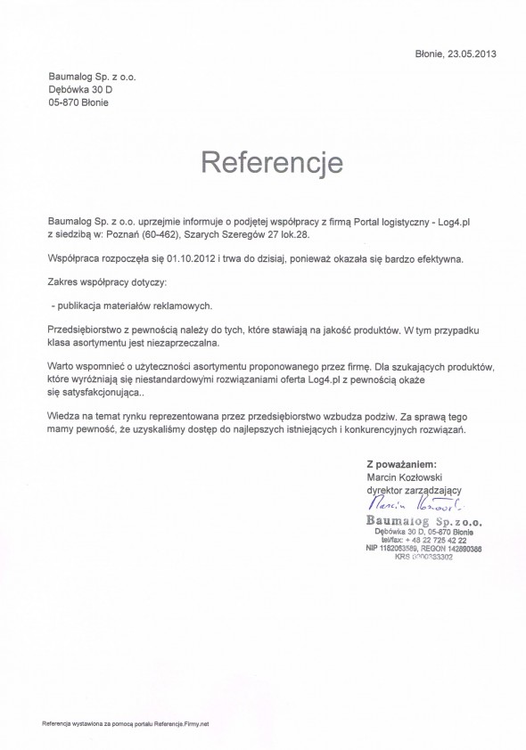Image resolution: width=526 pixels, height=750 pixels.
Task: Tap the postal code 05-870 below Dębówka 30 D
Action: click(66, 103)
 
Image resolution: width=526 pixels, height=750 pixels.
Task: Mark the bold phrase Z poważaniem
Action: click(400, 464)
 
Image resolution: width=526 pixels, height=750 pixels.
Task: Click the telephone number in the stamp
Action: click(434, 540)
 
